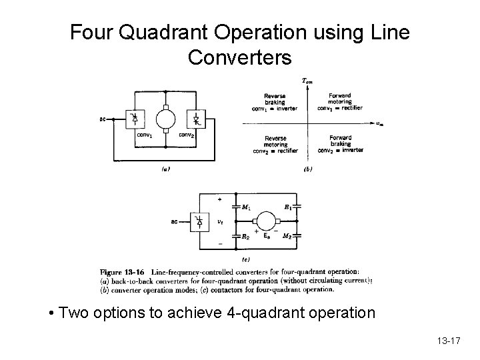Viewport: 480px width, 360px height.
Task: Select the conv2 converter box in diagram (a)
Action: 197,119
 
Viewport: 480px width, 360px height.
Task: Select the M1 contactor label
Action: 246,207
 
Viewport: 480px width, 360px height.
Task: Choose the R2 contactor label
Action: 246,236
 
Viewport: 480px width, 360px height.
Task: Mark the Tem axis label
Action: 307,81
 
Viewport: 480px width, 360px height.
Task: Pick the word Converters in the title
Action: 239,58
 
